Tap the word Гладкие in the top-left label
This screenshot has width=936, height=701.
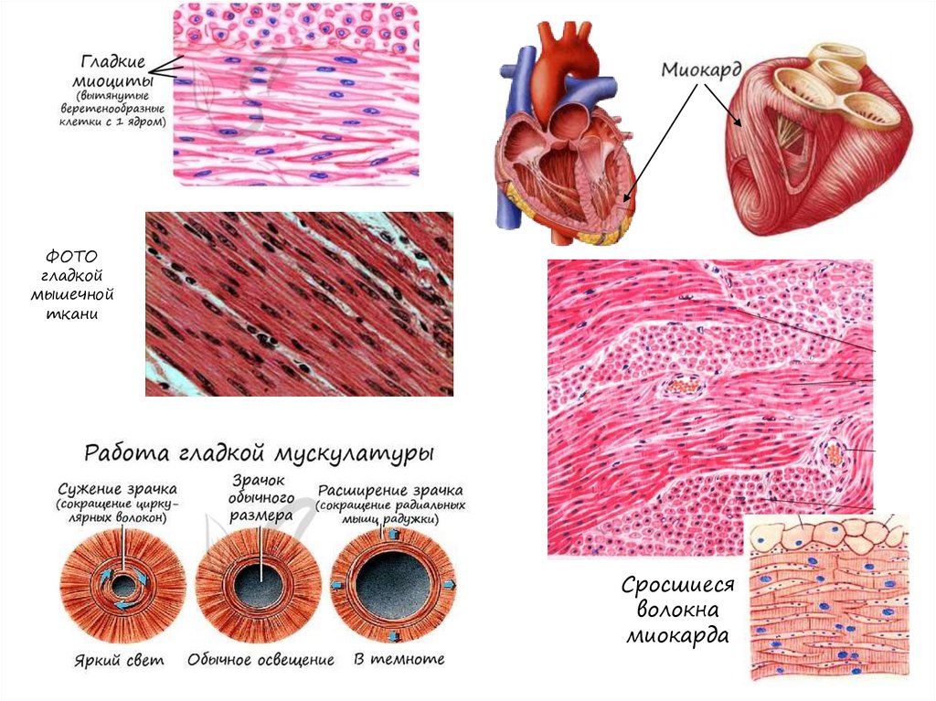click(113, 62)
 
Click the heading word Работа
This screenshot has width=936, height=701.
click(125, 453)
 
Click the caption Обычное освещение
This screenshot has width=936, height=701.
click(261, 659)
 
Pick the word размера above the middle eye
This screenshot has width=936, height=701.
click(261, 515)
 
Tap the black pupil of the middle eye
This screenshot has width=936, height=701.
click(260, 587)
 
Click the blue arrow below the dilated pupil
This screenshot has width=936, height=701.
click(393, 634)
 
